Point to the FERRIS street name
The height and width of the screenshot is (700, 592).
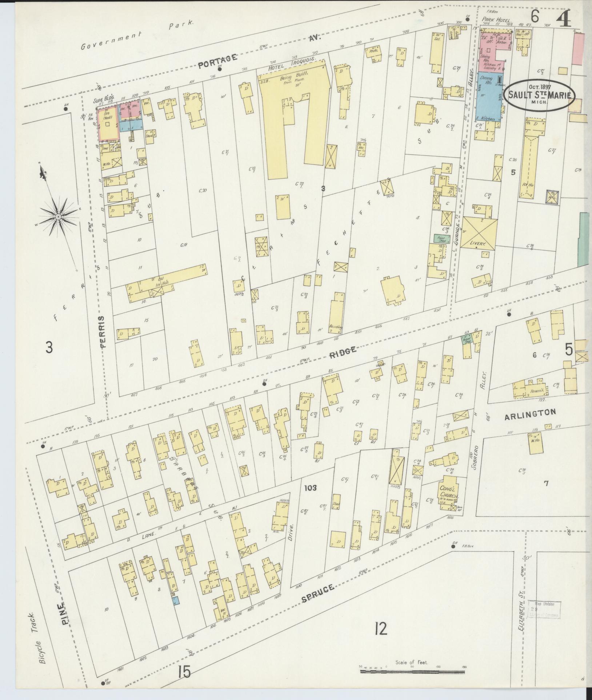(x=103, y=332)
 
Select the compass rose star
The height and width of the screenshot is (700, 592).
(x=58, y=217)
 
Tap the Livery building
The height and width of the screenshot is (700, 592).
(x=478, y=233)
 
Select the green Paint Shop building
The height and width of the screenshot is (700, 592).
(x=441, y=239)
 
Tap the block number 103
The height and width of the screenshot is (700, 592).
(x=311, y=487)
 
